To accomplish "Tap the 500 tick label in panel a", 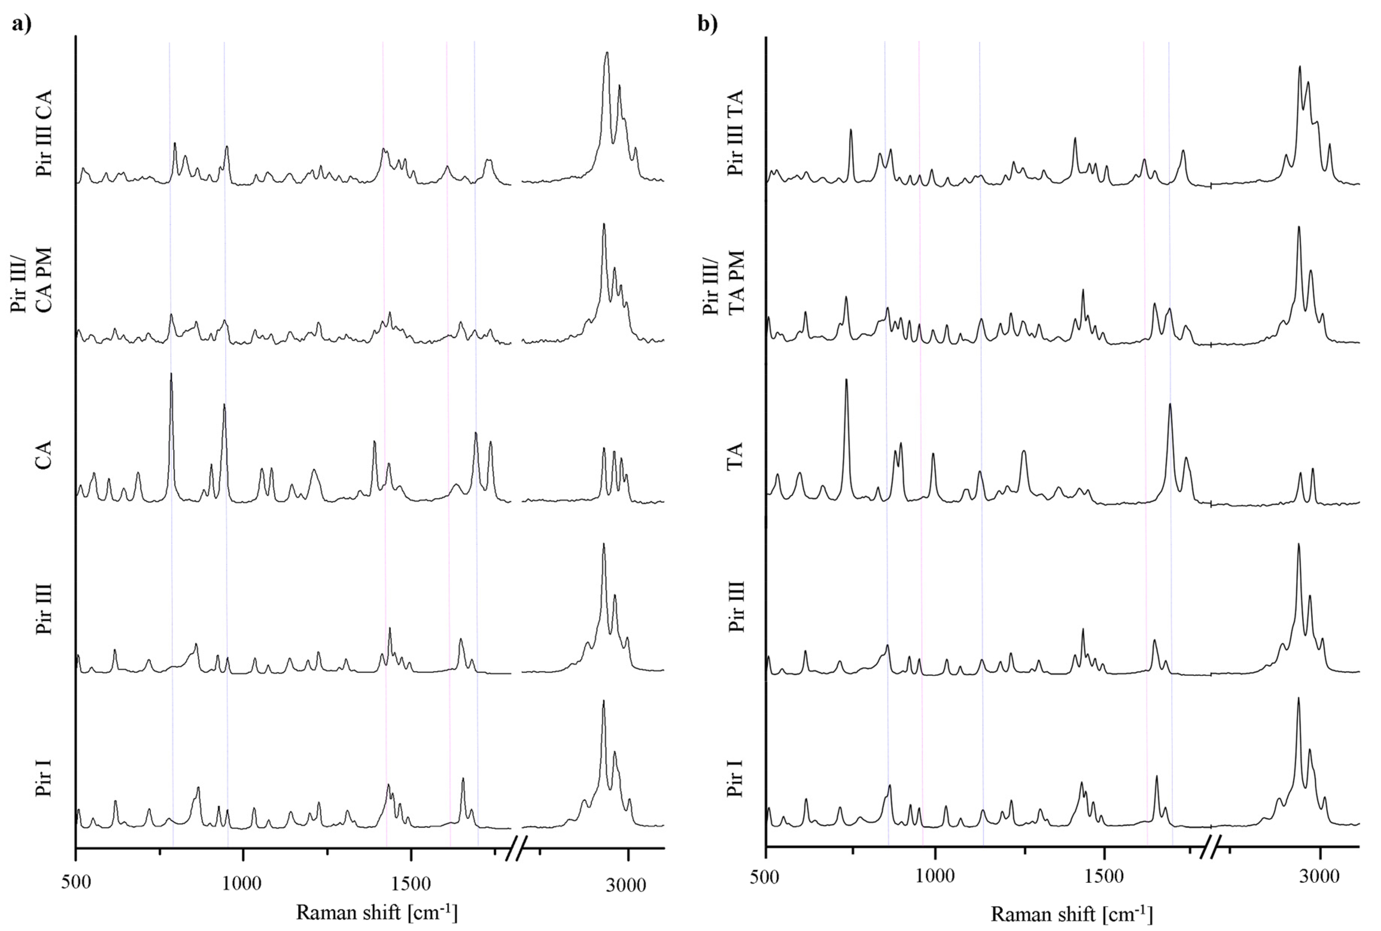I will click(x=76, y=883).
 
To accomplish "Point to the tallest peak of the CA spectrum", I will click(x=171, y=374).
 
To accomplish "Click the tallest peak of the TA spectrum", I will click(x=846, y=380).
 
